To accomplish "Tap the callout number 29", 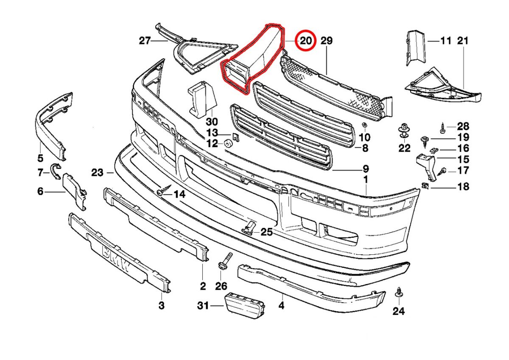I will tap(326, 41).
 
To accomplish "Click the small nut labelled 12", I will tap(227, 143).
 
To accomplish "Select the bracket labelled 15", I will tap(425, 164).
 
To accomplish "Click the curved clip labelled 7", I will tap(56, 171).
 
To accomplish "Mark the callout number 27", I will tap(145, 41).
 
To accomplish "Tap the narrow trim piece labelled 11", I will tap(414, 47).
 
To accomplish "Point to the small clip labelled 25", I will tap(250, 228).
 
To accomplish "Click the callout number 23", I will tap(97, 172).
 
